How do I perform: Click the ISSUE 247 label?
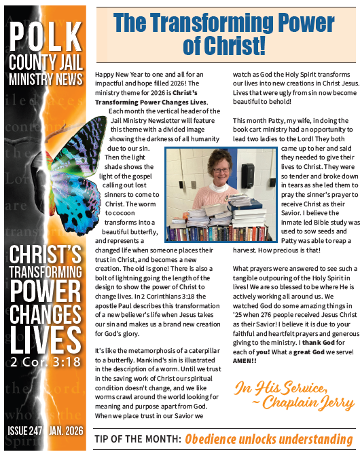(24, 430)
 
